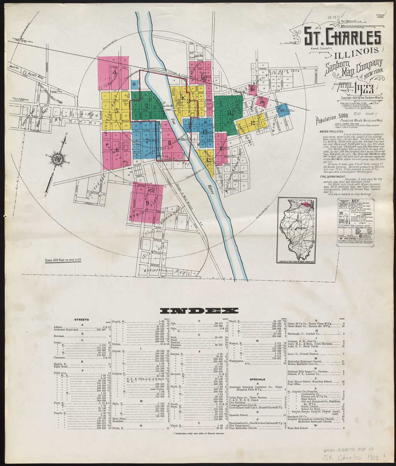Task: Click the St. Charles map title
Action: pos(343,37)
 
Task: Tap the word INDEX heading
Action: pos(199,311)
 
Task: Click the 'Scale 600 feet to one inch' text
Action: pos(63,260)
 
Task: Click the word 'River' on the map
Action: pos(211,189)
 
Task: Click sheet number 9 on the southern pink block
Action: pos(148,203)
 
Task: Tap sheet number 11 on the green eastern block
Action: pos(229,113)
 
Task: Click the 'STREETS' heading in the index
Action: pos(82,320)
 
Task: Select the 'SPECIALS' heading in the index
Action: pos(258,379)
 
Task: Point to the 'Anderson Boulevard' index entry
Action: pos(66,330)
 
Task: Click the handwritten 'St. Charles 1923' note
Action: pos(351,458)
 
